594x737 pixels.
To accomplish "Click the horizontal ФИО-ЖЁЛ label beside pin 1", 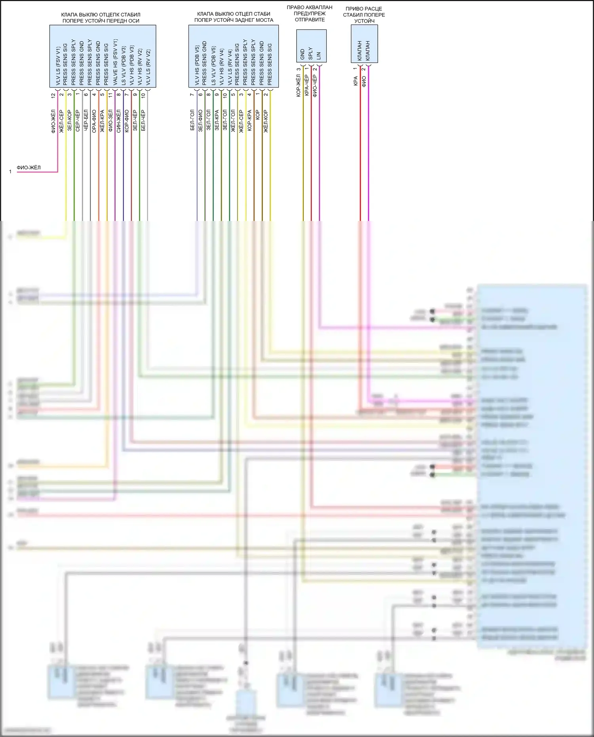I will coord(29,168).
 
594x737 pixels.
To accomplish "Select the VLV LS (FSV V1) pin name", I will coord(58,66).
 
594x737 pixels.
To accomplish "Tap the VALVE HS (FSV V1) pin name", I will coord(115,62).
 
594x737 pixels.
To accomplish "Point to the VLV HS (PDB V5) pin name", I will coord(197,65).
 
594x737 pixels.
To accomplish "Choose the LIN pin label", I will coord(319,55).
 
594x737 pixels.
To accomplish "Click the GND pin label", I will coord(303,54).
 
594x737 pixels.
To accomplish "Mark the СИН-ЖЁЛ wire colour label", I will coord(118,121).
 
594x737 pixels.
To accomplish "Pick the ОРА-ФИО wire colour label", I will coord(94,121).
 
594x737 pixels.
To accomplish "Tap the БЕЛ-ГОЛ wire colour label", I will coord(192,120).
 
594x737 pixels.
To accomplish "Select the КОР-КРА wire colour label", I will coord(249,120).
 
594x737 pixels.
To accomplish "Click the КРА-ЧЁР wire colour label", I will coord(307,86).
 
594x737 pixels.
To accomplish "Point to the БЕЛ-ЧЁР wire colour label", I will coord(143,120).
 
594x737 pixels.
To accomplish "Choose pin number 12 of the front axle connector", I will coord(53,95).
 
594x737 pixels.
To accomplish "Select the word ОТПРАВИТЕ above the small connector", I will coord(310,19).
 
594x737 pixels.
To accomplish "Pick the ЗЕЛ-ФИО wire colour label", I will coord(200,120).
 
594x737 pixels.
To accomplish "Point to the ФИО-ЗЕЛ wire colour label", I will coord(110,120).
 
